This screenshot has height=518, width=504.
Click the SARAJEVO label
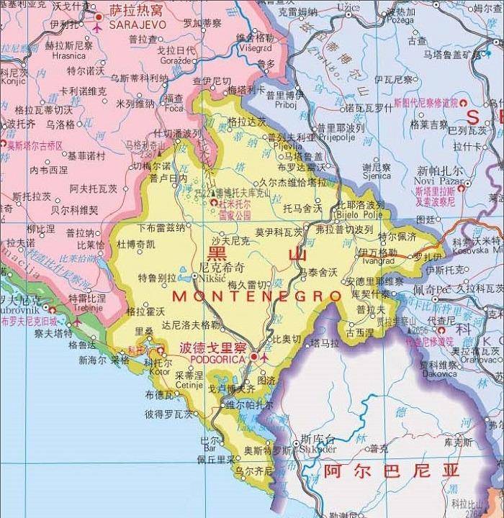pyautogui.click(x=138, y=24)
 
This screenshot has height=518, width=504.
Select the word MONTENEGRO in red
pyautogui.click(x=257, y=296)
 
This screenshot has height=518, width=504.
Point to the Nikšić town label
pyautogui.click(x=213, y=274)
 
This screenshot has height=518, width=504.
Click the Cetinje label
pyautogui.click(x=189, y=385)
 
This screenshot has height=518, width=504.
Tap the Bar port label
pyautogui.click(x=210, y=449)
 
